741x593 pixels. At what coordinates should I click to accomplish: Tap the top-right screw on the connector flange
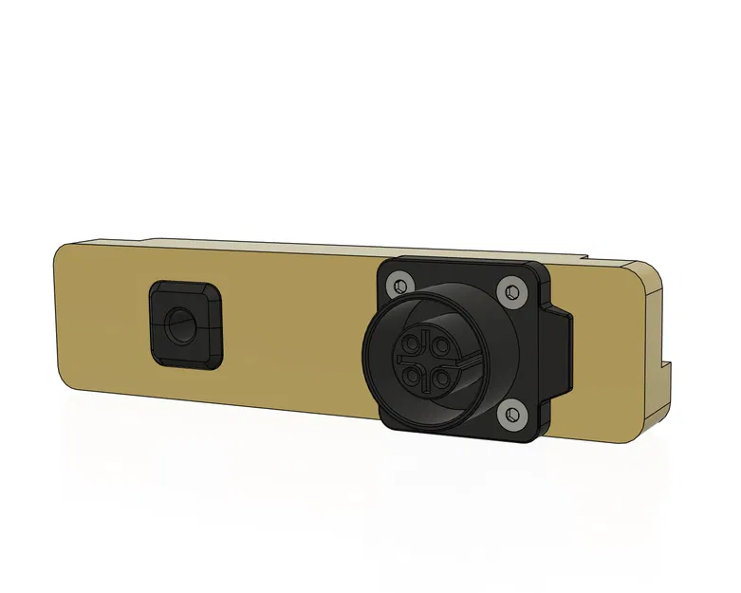[513, 291]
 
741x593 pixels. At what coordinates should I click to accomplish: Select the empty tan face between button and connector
[294, 332]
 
